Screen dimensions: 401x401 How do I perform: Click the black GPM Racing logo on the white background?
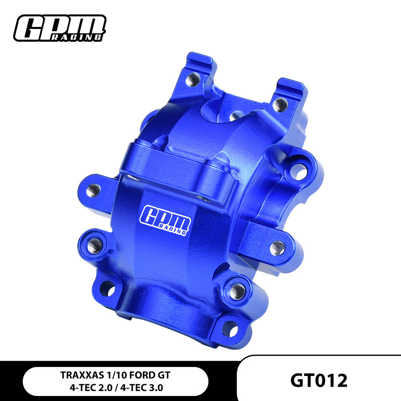pos(60,28)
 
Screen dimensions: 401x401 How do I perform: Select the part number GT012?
pos(319,380)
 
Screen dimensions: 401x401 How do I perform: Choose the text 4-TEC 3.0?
pos(145,388)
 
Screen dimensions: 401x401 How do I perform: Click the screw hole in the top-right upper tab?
pos(280,104)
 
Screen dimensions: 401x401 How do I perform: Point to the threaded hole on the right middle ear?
pos(278,247)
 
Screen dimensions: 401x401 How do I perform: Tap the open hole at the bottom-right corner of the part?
pos(230,329)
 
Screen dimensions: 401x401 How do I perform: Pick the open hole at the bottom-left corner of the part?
pos(107,289)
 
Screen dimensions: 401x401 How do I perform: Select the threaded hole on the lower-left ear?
pos(94,246)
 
